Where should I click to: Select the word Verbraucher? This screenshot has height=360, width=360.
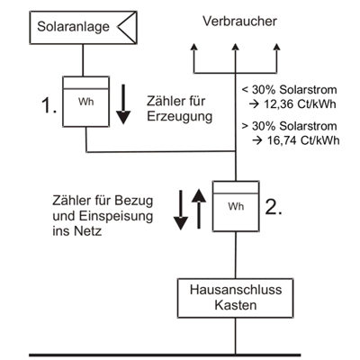pos(239,22)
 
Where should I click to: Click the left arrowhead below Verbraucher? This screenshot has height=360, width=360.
pos(194,47)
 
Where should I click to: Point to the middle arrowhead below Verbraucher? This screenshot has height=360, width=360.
pos(236,47)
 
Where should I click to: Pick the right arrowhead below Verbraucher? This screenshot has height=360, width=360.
pos(277,47)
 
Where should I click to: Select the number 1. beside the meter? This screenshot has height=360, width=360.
pos(49,106)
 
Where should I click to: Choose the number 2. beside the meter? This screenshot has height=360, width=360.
pos(274,207)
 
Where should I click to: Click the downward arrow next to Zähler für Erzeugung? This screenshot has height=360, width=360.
pos(123,104)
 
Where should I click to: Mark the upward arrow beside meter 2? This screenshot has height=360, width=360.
pos(199,209)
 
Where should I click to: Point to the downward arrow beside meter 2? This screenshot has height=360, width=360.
pos(181,210)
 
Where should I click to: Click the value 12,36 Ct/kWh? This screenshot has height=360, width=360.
pos(300,104)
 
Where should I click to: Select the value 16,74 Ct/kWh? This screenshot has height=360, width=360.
pos(303,140)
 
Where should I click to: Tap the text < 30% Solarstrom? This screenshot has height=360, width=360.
pos(289,90)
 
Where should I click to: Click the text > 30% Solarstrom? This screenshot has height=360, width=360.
pos(289,126)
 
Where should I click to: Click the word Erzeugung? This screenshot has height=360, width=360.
pos(179,117)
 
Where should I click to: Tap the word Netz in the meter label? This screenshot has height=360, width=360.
pos(90,231)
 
